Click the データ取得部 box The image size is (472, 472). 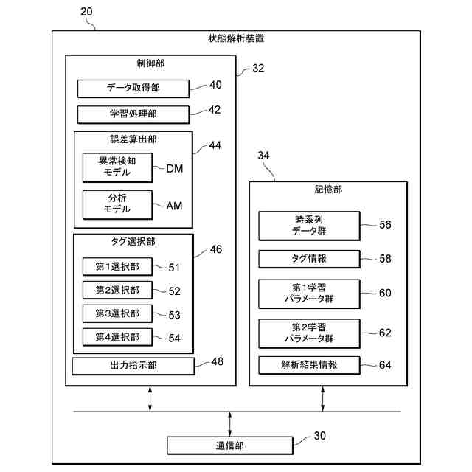[x=133, y=88]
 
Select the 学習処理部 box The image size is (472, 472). [x=133, y=114]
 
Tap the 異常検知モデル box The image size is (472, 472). [x=117, y=167]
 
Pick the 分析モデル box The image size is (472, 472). [x=117, y=204]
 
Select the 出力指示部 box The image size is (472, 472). [x=133, y=366]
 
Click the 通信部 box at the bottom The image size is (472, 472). [x=230, y=445]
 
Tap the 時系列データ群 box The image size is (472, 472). [x=309, y=226]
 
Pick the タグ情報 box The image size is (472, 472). [x=309, y=259]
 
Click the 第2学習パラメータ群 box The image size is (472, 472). [x=309, y=333]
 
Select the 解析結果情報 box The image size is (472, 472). [x=309, y=365]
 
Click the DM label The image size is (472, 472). [x=174, y=169]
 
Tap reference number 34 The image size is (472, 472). [x=263, y=156]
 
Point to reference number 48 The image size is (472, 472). [x=217, y=362]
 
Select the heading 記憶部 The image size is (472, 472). [x=328, y=190]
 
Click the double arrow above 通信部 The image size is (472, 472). [x=230, y=423]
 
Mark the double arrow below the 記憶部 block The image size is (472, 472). [x=323, y=398]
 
